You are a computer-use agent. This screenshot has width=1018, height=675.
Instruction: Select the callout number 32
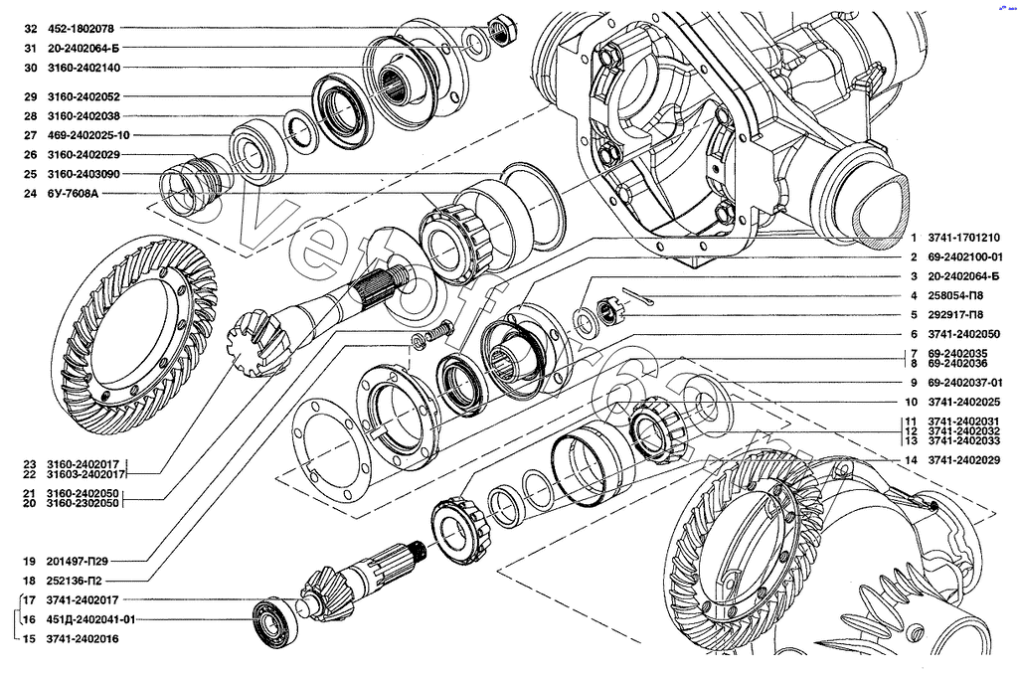[x=30, y=29]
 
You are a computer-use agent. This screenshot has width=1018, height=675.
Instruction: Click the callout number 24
[x=30, y=194]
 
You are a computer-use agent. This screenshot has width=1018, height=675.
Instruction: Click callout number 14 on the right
[x=910, y=460]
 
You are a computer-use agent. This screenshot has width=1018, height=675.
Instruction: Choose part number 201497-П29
[x=77, y=560]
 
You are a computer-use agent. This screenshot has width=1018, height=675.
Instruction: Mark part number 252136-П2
[x=74, y=580]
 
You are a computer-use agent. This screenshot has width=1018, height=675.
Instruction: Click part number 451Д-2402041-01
[x=89, y=619]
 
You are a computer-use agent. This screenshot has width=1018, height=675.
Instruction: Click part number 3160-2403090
[x=84, y=175]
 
